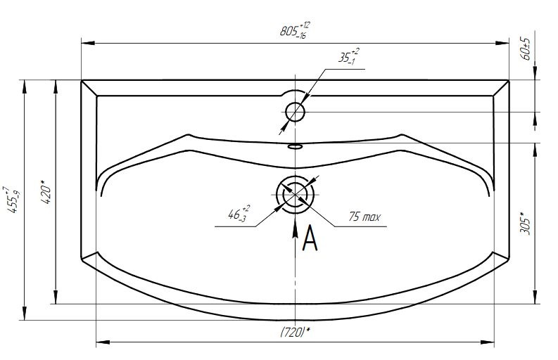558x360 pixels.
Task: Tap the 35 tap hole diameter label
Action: tap(348, 56)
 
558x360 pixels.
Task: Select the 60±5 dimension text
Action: tap(526, 48)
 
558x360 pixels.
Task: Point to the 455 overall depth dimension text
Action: tap(12, 200)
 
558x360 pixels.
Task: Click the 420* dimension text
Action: tap(46, 192)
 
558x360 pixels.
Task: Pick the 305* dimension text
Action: tap(525, 224)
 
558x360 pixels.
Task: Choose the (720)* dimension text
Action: tap(295, 333)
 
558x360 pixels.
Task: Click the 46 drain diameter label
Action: tap(239, 214)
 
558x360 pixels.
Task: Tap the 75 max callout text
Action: tap(364, 217)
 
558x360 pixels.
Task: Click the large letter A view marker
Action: tap(310, 238)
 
